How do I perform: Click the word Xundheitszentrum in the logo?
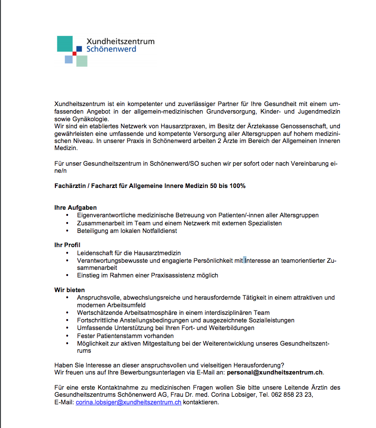coord(120,42)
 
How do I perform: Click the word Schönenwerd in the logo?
coord(112,49)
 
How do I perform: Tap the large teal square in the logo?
coord(65,44)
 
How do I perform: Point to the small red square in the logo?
coord(74,53)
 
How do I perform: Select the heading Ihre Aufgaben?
coord(76,207)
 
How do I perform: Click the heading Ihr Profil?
coord(68,245)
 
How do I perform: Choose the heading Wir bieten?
coord(70,290)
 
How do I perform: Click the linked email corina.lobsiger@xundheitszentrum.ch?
coord(129,402)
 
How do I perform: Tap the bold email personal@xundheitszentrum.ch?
coord(275,372)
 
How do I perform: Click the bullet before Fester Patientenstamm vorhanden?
coord(68,336)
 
